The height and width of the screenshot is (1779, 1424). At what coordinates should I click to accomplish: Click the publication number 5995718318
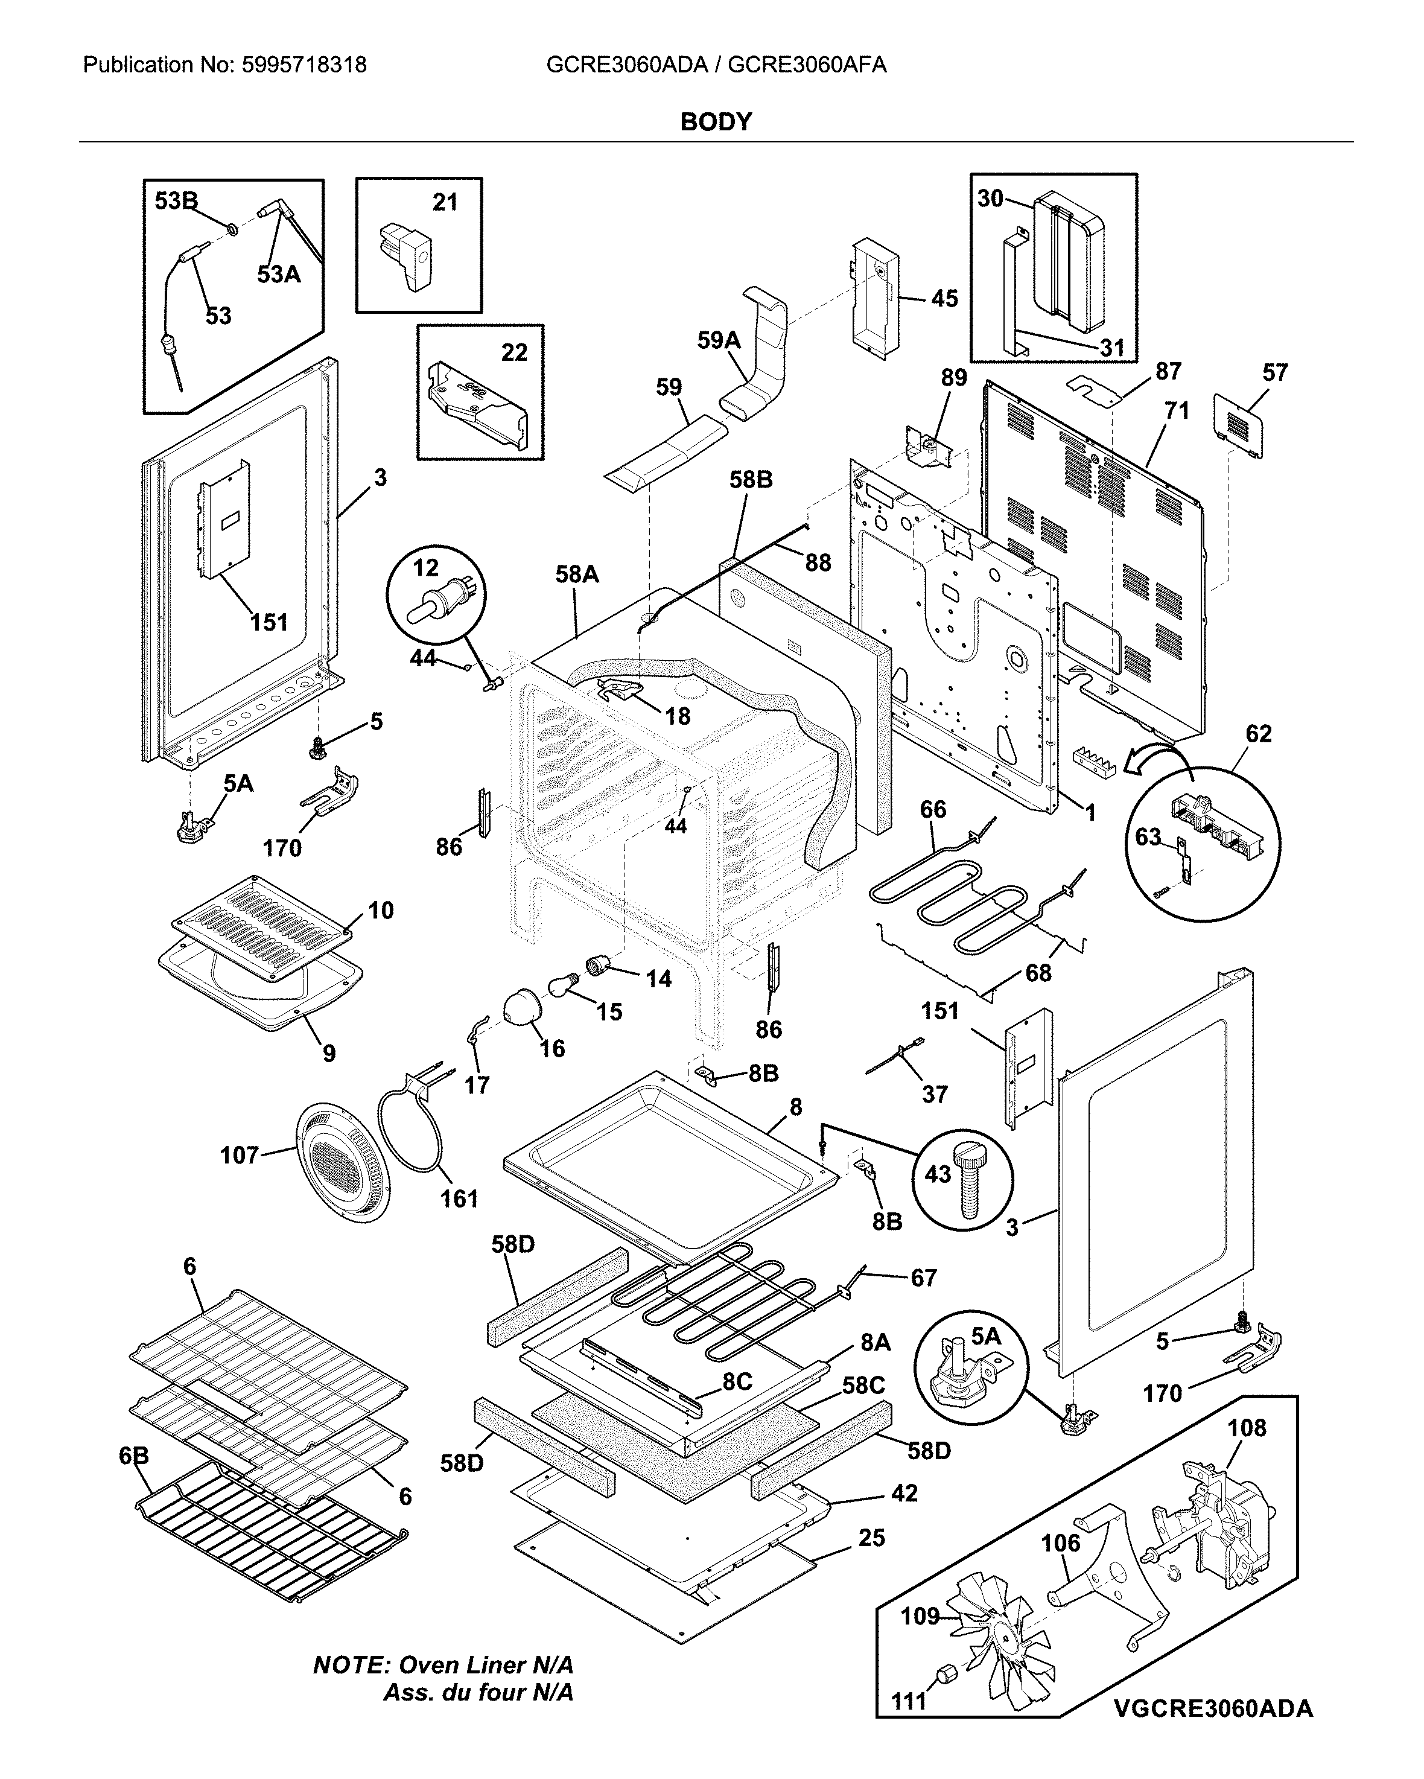305,65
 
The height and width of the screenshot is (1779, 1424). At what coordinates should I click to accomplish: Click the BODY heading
716,122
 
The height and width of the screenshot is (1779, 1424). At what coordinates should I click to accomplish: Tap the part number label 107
240,1154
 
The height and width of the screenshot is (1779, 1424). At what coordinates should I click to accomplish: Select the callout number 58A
577,574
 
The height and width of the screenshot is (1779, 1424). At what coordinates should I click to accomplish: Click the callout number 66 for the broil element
933,809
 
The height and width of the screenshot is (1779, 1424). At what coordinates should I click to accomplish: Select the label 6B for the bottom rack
134,1456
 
